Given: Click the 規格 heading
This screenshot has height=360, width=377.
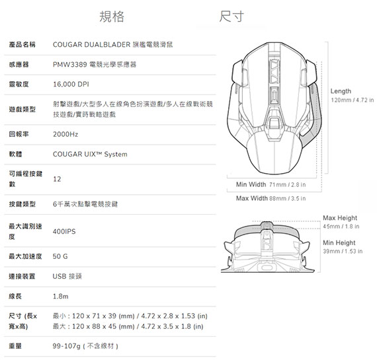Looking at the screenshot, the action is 112,17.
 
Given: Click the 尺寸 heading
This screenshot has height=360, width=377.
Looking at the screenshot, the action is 231,17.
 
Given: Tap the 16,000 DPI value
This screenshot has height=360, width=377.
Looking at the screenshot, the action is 71,85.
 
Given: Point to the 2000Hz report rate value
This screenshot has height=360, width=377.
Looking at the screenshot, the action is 65,134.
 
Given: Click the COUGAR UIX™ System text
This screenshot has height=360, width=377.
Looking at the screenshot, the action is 90,154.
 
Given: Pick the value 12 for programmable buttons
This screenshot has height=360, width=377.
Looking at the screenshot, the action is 57,179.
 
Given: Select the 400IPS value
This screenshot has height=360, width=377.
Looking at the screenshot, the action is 64,231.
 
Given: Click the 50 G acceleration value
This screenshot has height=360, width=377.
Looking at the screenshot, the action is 60,256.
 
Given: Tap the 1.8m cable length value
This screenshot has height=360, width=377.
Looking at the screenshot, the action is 61,297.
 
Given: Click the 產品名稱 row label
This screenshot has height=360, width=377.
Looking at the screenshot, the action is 22,44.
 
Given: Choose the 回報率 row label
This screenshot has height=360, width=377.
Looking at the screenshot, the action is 19,134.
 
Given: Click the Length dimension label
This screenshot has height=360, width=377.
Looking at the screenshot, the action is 341,91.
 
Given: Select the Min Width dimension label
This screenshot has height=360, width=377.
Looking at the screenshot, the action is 251,184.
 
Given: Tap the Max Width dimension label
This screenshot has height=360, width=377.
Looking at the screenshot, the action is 252,198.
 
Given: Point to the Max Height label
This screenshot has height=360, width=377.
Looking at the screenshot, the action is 340,218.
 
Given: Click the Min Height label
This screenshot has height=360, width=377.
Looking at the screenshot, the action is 339,243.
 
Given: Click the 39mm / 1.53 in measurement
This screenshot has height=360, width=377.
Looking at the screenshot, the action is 343,251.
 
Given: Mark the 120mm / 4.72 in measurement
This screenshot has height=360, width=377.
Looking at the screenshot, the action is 353,100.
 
